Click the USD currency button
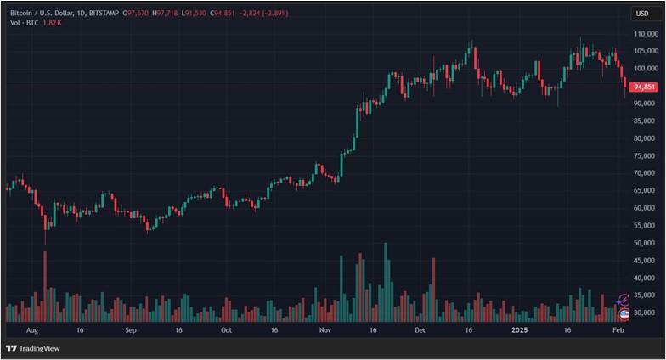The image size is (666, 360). [x=643, y=14]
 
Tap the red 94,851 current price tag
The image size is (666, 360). [x=645, y=87]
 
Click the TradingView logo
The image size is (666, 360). [x=26, y=348]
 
